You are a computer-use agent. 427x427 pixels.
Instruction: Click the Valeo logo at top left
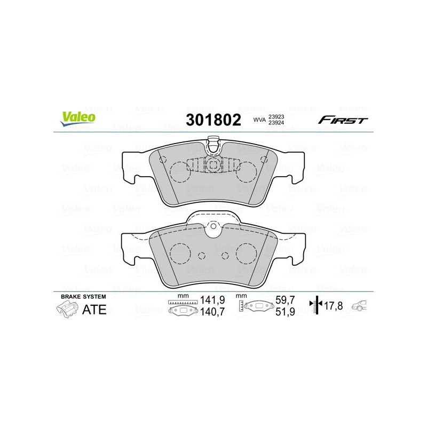78,118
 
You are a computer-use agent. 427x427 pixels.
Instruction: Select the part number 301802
213,120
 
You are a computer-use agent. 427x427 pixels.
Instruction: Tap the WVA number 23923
276,116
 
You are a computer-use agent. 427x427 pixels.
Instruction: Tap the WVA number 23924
276,123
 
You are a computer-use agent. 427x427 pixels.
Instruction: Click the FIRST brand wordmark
343,120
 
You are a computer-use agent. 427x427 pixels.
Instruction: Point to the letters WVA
259,120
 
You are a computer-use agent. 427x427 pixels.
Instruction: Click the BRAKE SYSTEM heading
83,297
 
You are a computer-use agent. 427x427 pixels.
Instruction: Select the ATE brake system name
94,310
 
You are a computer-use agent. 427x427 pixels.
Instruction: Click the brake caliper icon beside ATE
67,310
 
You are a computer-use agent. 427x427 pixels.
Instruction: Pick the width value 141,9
212,300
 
